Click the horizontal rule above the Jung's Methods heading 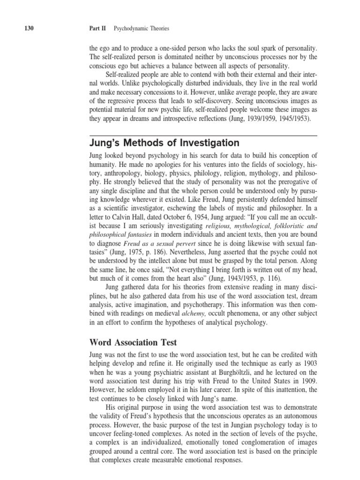pyautogui.click(x=203, y=135)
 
